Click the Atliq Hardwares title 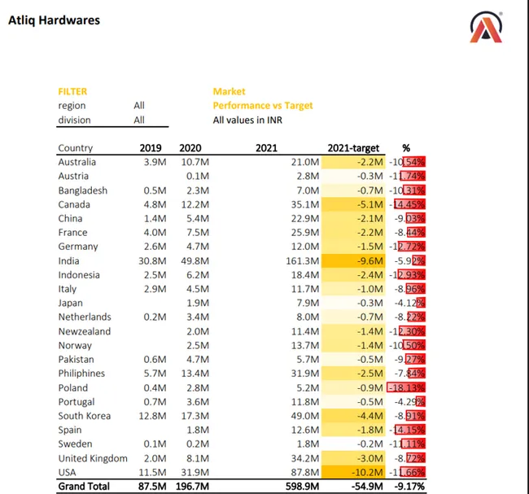point(54,20)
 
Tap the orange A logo point(486,28)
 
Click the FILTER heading point(72,92)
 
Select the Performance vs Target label point(262,106)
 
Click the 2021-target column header point(353,148)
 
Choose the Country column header point(76,148)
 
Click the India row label point(69,260)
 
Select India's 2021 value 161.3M point(296,260)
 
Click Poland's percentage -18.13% point(408,387)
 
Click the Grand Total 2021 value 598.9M point(295,487)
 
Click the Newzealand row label point(85,331)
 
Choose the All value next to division point(139,120)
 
